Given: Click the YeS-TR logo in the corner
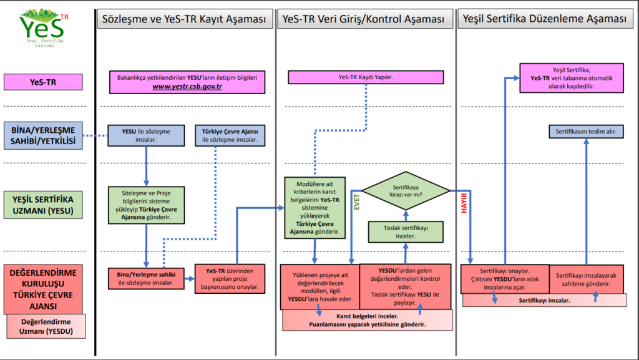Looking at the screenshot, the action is (x=44, y=27).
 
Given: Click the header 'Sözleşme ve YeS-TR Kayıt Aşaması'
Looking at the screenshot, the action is (x=185, y=19).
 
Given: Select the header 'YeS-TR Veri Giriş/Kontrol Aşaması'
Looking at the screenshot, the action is (x=364, y=19).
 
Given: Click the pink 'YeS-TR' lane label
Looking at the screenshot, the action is (x=43, y=82).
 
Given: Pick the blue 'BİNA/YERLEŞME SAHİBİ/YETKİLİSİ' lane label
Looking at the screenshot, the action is (x=43, y=135).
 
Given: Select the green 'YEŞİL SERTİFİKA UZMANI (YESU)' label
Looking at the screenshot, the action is (x=43, y=205).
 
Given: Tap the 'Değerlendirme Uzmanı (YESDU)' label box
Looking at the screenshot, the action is (x=46, y=326).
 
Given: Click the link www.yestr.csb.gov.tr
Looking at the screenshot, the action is (x=187, y=86).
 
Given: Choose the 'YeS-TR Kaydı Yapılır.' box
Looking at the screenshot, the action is (x=366, y=77).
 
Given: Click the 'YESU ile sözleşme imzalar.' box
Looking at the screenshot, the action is (x=146, y=135).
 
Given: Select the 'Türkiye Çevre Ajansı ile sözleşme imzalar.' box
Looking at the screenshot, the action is (x=230, y=135).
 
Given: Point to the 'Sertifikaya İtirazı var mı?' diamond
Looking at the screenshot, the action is (x=406, y=190).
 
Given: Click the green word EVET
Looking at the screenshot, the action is (x=356, y=202).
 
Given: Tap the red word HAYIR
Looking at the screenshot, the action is (x=464, y=203).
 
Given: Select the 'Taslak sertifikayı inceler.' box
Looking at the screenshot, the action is (x=406, y=231).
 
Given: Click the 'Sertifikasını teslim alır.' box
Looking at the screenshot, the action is (x=586, y=132).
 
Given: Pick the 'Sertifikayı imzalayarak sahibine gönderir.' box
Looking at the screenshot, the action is (x=586, y=280).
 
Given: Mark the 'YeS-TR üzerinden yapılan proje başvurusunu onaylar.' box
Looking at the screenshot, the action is (x=230, y=279).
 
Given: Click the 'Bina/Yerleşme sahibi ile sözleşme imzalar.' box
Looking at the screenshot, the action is (x=146, y=278).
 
